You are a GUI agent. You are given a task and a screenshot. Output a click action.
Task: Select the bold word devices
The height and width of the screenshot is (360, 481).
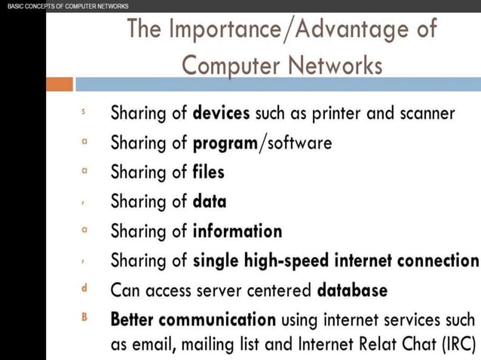[222, 114]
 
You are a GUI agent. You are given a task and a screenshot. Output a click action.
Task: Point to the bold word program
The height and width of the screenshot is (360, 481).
[225, 143]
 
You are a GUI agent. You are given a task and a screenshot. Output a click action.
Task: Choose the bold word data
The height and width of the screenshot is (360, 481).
[210, 201]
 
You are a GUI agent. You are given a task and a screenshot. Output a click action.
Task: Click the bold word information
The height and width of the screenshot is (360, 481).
[237, 230]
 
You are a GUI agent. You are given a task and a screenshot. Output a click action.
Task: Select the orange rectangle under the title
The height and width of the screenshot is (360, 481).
[60, 84]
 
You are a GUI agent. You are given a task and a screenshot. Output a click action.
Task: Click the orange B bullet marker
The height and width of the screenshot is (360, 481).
[84, 317]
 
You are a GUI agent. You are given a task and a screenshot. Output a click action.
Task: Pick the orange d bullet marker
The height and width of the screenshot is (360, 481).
[84, 288]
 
